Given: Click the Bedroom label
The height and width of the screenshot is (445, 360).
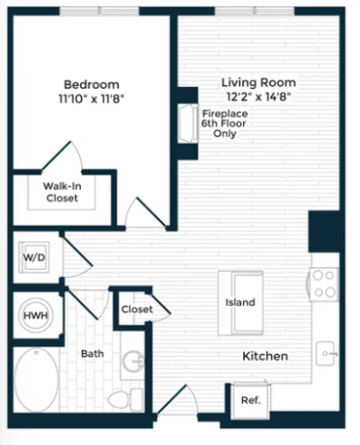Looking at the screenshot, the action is (x=91, y=84).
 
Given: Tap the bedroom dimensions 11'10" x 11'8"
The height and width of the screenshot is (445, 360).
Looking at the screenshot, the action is (x=91, y=99).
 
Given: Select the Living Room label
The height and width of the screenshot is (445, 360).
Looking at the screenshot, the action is (x=259, y=83).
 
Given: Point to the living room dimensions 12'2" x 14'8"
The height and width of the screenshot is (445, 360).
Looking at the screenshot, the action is (x=259, y=97).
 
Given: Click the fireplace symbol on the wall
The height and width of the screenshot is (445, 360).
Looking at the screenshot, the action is (x=187, y=123).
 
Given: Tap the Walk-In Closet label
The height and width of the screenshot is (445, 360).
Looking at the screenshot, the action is (x=62, y=192).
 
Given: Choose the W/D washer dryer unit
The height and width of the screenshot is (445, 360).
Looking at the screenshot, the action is (x=34, y=258).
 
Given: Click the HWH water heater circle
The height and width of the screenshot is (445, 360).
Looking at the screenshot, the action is (x=36, y=315).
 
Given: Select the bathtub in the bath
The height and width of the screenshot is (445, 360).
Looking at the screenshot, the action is (x=36, y=379).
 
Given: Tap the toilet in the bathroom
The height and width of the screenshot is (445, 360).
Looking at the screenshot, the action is (x=125, y=400).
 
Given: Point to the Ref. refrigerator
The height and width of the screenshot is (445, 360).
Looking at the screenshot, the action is (x=251, y=400).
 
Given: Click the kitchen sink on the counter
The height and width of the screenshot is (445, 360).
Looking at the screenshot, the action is (x=326, y=353).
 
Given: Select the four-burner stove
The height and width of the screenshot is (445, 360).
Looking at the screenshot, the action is (x=324, y=284).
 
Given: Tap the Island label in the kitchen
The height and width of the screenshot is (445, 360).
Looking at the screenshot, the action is (x=240, y=302).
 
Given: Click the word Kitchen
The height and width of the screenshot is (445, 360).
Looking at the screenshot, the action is (x=265, y=356).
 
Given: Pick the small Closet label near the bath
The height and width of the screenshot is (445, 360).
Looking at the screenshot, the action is (x=137, y=310).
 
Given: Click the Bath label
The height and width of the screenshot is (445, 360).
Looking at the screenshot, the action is (x=92, y=354).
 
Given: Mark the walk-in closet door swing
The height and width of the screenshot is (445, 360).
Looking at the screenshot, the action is (x=62, y=156).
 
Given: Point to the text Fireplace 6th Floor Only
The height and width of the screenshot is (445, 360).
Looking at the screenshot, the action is (x=225, y=123).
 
